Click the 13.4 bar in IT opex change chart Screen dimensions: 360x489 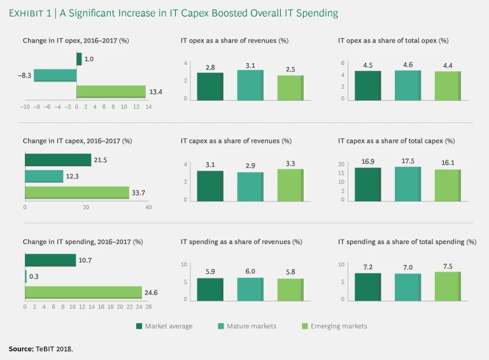(x=111, y=92)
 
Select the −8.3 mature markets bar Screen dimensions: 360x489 (x=55, y=75)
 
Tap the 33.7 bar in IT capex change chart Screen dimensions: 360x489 (x=77, y=192)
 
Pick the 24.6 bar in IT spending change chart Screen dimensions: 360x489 (x=83, y=292)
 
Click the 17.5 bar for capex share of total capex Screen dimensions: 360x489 (x=407, y=185)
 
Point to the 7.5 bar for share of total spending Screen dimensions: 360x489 (x=448, y=286)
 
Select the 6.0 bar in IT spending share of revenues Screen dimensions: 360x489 (x=250, y=289)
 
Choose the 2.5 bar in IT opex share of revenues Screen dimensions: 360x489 (x=290, y=87)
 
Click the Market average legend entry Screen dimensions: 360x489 (x=164, y=326)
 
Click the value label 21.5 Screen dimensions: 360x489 (x=101, y=160)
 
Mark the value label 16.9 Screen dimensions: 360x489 (x=367, y=162)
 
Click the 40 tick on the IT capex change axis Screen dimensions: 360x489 (x=148, y=208)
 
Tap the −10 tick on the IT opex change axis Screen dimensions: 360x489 (x=25, y=107)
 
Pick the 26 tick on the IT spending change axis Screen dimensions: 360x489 (x=148, y=307)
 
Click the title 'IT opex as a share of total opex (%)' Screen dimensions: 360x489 (x=393, y=41)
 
